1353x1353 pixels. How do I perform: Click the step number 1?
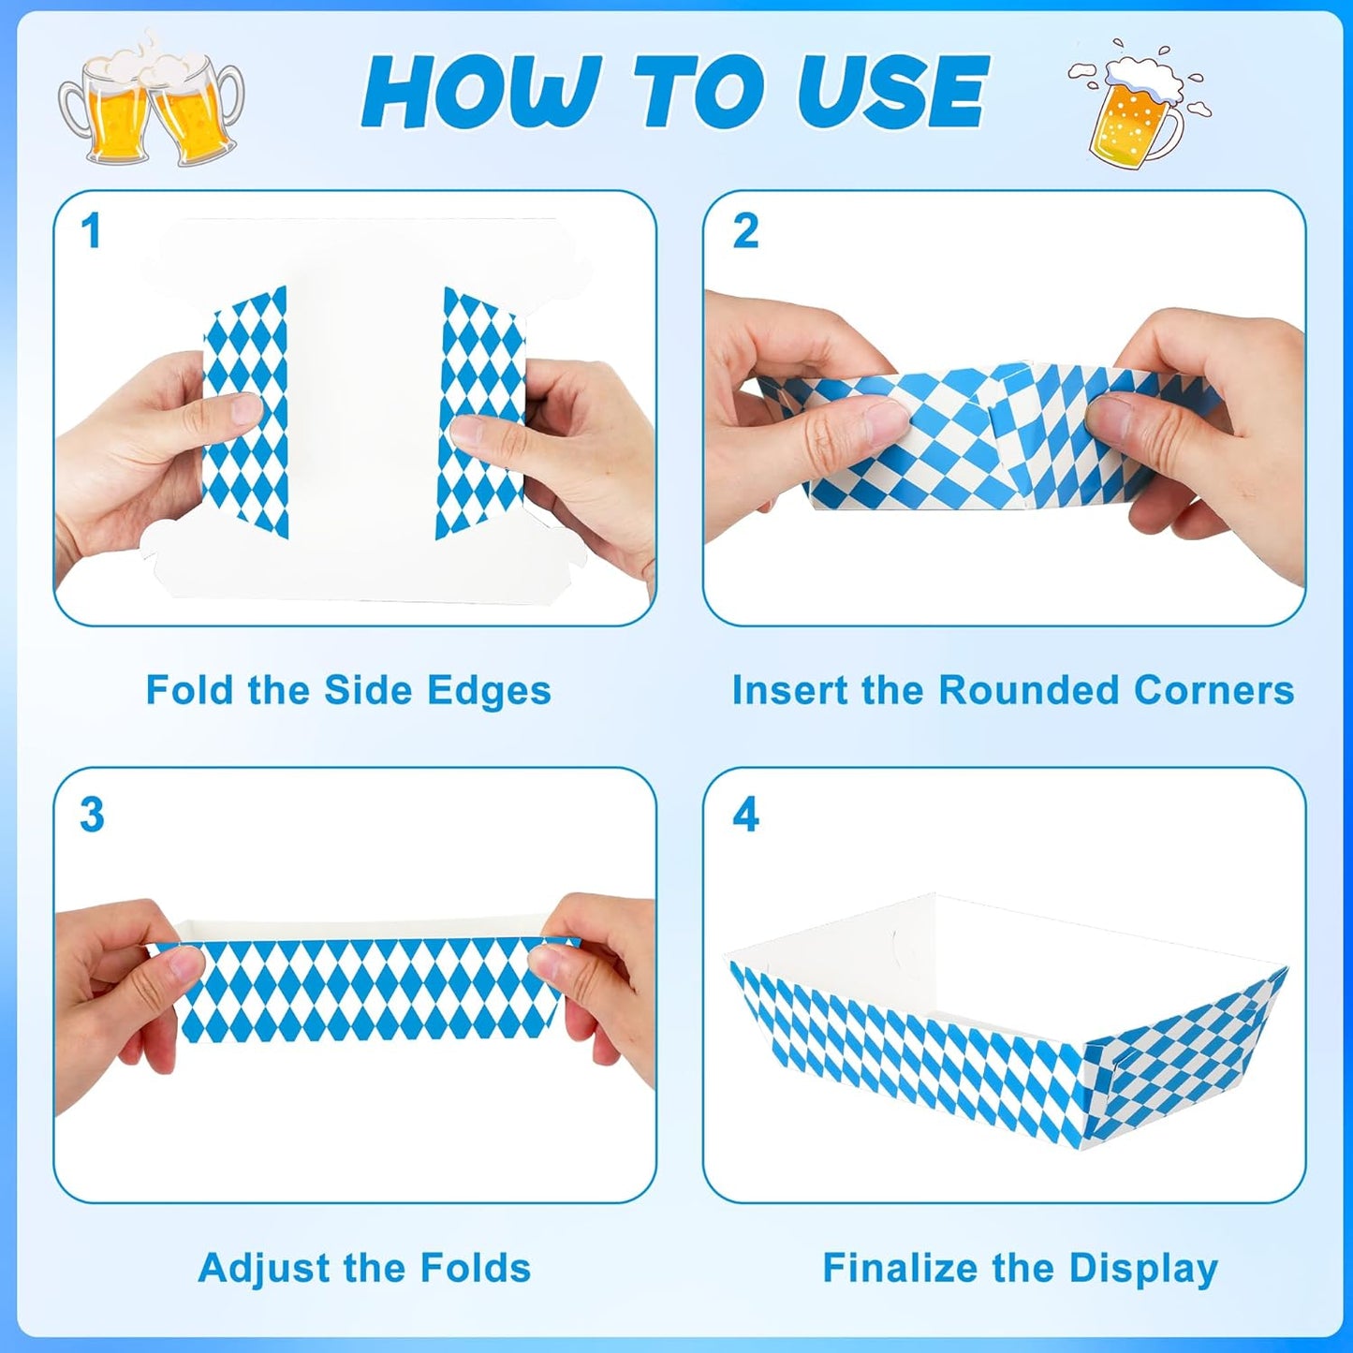coord(91,231)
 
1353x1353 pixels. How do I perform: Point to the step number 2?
coord(745,231)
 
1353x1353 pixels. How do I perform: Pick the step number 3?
coord(92,815)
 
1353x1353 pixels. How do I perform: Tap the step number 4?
coord(745,815)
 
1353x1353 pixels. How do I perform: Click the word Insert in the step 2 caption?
coord(790,690)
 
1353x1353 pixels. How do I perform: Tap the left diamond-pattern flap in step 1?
coord(245,412)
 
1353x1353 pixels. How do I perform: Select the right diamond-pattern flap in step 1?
coord(479,412)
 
